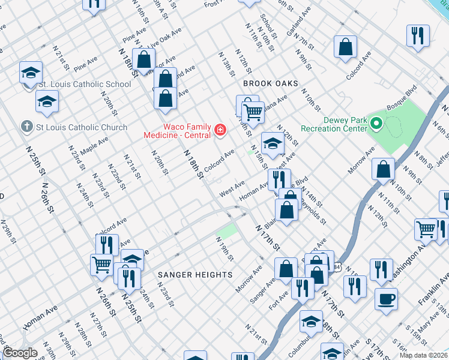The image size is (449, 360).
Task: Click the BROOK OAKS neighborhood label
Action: click(266, 84)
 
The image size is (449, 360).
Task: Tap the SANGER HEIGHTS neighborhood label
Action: click(195, 275)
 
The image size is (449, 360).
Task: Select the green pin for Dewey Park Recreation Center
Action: click(376, 125)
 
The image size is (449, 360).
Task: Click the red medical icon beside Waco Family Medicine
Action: click(220, 130)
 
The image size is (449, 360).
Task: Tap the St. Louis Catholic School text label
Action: click(85, 84)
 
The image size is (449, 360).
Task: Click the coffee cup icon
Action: click(386, 298)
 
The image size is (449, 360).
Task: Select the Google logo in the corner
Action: click(20, 353)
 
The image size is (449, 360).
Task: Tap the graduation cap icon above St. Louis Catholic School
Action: click(31, 73)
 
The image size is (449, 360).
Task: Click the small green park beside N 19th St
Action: click(227, 231)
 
